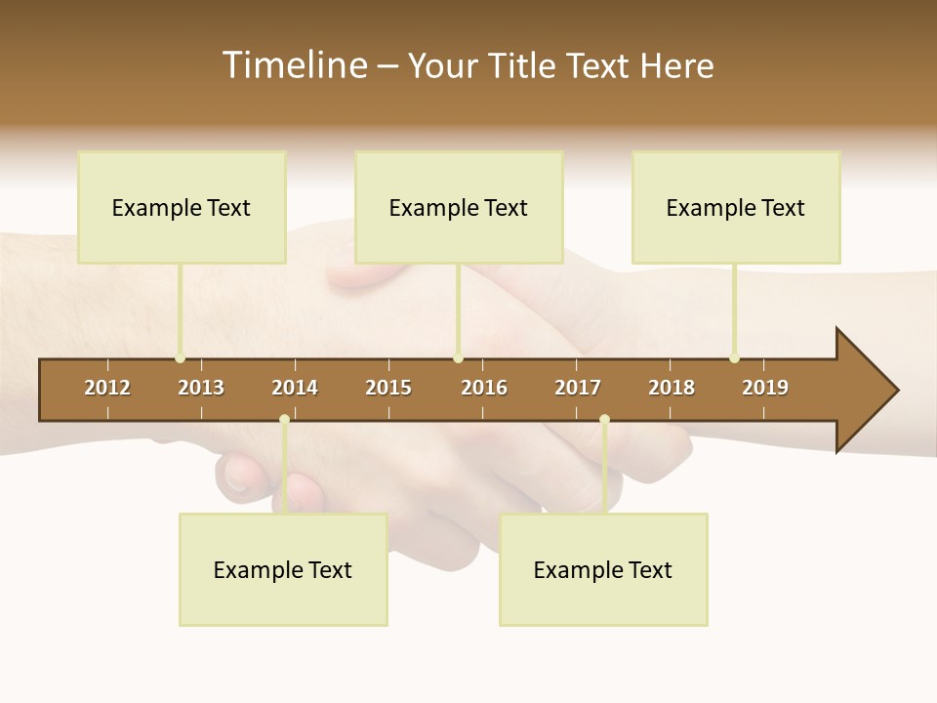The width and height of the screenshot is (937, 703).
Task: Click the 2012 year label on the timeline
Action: [107, 388]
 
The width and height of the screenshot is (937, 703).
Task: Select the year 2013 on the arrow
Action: [201, 388]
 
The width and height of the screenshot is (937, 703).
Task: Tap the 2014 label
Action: [295, 388]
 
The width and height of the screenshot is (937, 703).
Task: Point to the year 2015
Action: [388, 388]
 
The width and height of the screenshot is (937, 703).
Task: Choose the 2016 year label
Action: [484, 388]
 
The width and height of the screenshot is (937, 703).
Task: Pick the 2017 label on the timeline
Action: [578, 388]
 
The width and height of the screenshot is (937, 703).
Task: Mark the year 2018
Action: [672, 388]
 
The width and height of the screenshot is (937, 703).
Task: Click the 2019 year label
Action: [765, 388]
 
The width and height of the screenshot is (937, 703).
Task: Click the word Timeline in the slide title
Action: [293, 65]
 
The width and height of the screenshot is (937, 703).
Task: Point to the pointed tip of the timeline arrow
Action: [897, 391]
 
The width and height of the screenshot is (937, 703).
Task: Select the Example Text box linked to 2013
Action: [182, 207]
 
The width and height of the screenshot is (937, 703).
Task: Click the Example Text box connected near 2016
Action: [459, 207]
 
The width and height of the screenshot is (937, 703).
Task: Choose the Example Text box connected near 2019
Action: [736, 207]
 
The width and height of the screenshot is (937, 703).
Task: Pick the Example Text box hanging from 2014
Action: [283, 569]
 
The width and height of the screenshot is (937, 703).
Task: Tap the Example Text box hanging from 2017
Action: [603, 569]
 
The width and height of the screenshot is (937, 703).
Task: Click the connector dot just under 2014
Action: [284, 420]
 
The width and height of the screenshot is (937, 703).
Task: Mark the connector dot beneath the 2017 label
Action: [604, 420]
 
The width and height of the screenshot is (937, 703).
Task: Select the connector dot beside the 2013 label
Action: [181, 358]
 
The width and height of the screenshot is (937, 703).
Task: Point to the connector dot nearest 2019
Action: [735, 358]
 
